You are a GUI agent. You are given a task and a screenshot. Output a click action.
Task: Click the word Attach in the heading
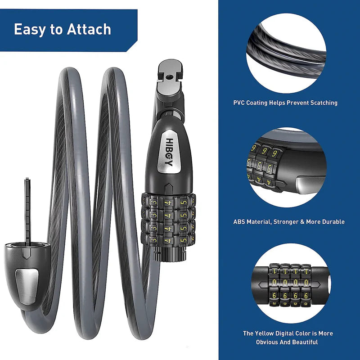pyautogui.click(x=89, y=30)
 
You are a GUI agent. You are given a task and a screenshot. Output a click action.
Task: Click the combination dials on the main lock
pyautogui.click(x=169, y=218)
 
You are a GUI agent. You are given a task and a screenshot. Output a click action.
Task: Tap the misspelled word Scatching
pyautogui.click(x=322, y=103)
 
